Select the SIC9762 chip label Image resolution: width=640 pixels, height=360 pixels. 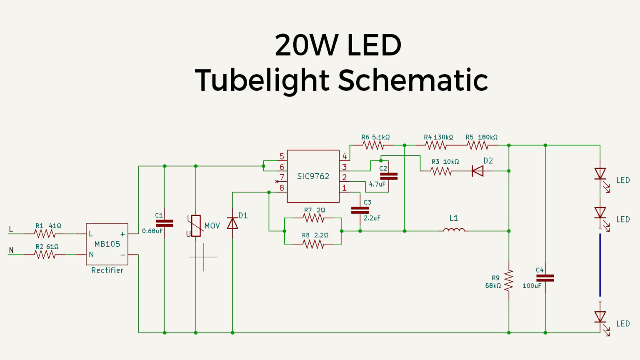[313, 176]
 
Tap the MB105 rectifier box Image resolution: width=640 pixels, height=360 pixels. [107, 244]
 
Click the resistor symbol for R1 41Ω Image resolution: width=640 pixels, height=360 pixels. [45, 234]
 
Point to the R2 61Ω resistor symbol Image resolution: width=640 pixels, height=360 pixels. [45, 255]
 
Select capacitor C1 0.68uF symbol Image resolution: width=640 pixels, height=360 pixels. [165, 223]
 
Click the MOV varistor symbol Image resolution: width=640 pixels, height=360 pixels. [195, 226]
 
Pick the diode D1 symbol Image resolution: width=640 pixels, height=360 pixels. [232, 224]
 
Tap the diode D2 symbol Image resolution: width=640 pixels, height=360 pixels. [477, 171]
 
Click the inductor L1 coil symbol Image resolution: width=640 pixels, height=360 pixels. [454, 230]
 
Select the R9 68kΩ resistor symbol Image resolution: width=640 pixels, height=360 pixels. [509, 281]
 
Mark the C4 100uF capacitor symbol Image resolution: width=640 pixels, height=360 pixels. [545, 278]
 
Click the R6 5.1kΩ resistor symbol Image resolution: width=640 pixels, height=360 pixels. [373, 145]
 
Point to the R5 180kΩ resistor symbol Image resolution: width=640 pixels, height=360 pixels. [477, 145]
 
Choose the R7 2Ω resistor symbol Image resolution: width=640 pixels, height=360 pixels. [313, 218]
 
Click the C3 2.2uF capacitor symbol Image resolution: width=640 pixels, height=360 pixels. [360, 210]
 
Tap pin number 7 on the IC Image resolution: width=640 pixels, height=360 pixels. [282, 177]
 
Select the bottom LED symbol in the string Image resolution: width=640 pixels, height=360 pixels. [600, 317]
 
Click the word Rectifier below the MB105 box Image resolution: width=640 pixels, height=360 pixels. [107, 270]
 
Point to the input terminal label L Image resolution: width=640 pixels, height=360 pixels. [11, 230]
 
